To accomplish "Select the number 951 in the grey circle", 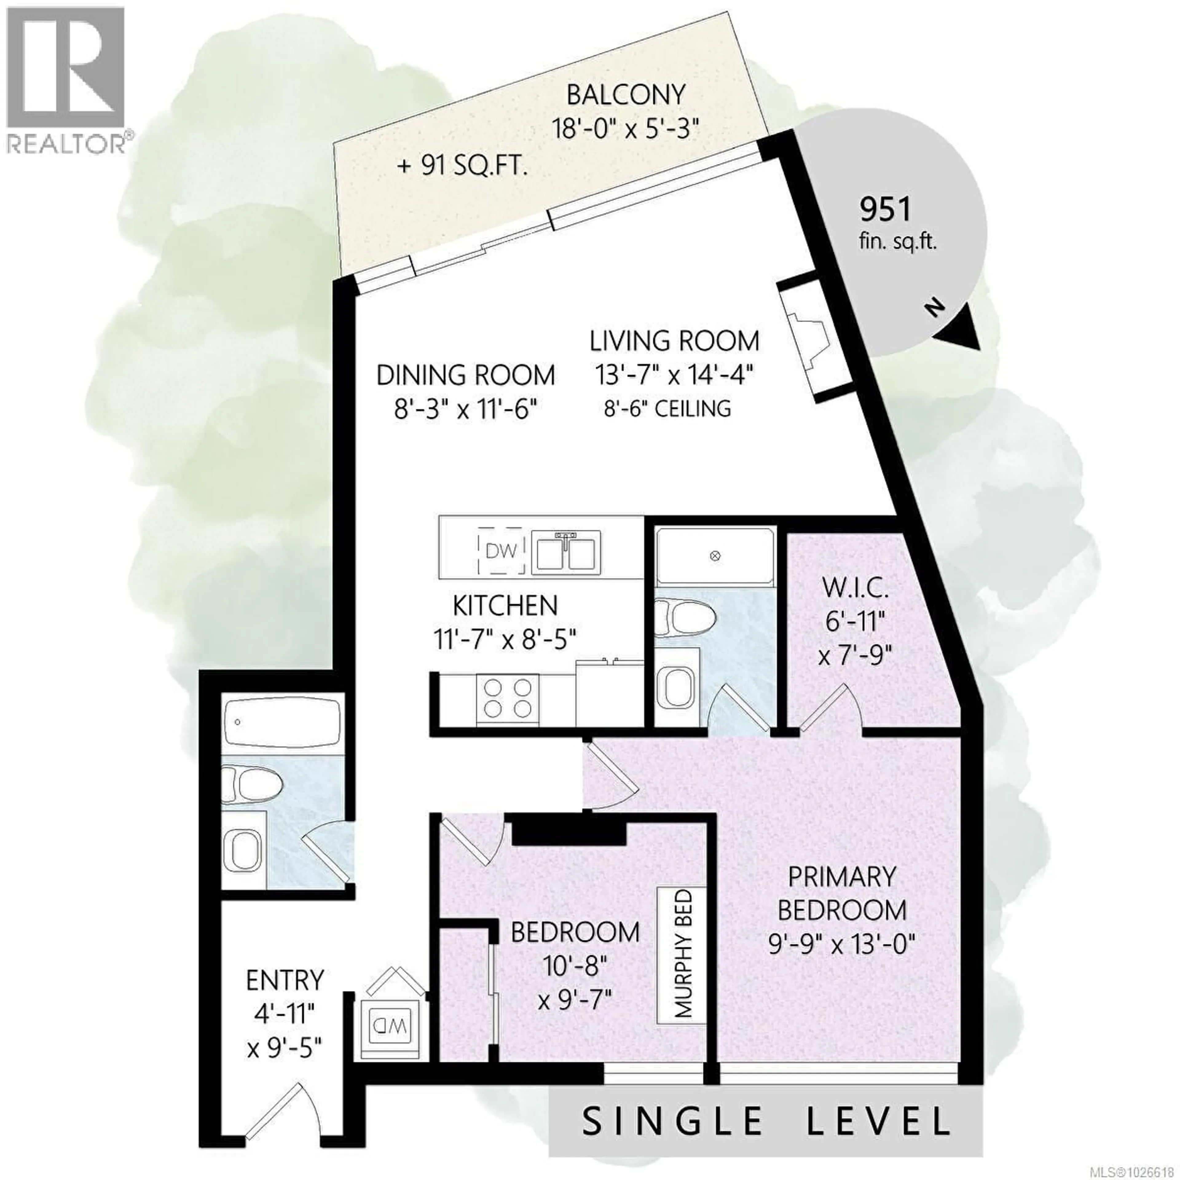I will click(x=885, y=210).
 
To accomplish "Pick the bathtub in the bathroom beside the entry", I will click(x=281, y=724).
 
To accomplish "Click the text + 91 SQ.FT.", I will click(x=462, y=166).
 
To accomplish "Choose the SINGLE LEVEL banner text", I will click(x=766, y=1121).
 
